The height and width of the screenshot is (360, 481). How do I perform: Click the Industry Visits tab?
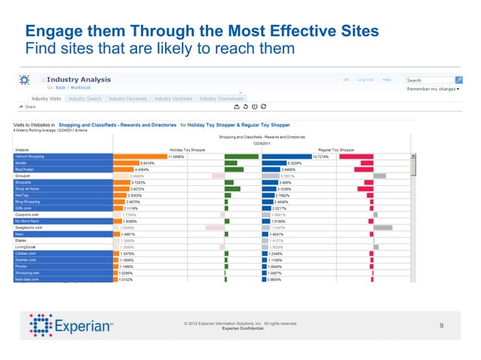(47, 99)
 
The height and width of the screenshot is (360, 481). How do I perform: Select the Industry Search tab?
(84, 99)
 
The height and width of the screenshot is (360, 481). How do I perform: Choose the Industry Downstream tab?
(221, 99)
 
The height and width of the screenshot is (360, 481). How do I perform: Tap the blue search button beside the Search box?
(458, 80)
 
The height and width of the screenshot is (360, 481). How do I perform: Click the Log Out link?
(366, 79)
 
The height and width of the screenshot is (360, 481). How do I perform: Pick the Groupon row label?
(24, 175)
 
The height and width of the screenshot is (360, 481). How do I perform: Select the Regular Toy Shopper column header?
(336, 150)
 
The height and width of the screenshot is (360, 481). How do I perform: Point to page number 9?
(441, 325)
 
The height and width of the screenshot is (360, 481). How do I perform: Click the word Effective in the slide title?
(294, 32)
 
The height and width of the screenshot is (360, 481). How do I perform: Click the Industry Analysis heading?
(78, 79)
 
